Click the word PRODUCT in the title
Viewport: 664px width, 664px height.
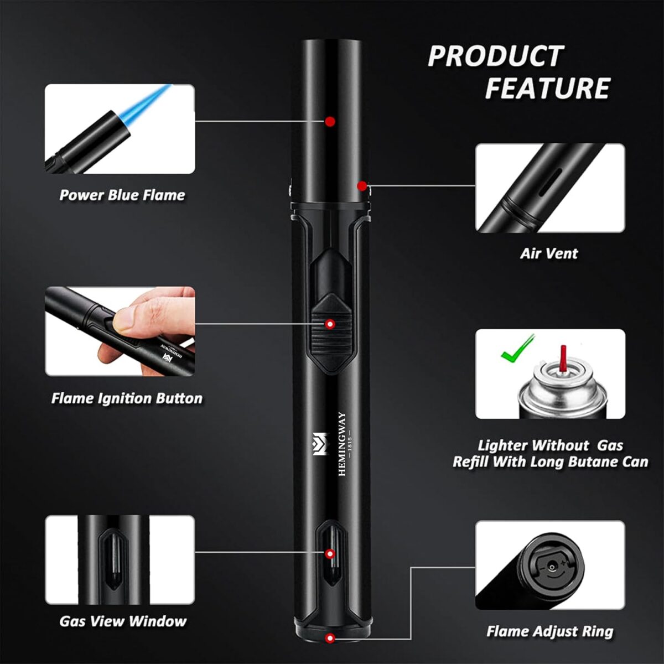click(x=495, y=56)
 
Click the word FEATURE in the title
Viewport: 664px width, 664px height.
click(x=547, y=89)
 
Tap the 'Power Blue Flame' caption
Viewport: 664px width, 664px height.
click(x=122, y=195)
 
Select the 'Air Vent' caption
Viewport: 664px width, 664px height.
click(x=549, y=253)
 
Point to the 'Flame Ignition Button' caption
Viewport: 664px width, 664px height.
click(x=127, y=398)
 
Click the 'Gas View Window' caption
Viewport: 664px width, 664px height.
click(x=123, y=621)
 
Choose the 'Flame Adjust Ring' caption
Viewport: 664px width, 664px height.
click(x=549, y=631)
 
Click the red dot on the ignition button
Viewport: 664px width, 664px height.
click(x=330, y=324)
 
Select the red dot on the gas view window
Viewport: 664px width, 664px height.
click(x=330, y=554)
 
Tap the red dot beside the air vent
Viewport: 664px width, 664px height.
click(x=361, y=185)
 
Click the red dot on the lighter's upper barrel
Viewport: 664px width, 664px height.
click(x=330, y=121)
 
